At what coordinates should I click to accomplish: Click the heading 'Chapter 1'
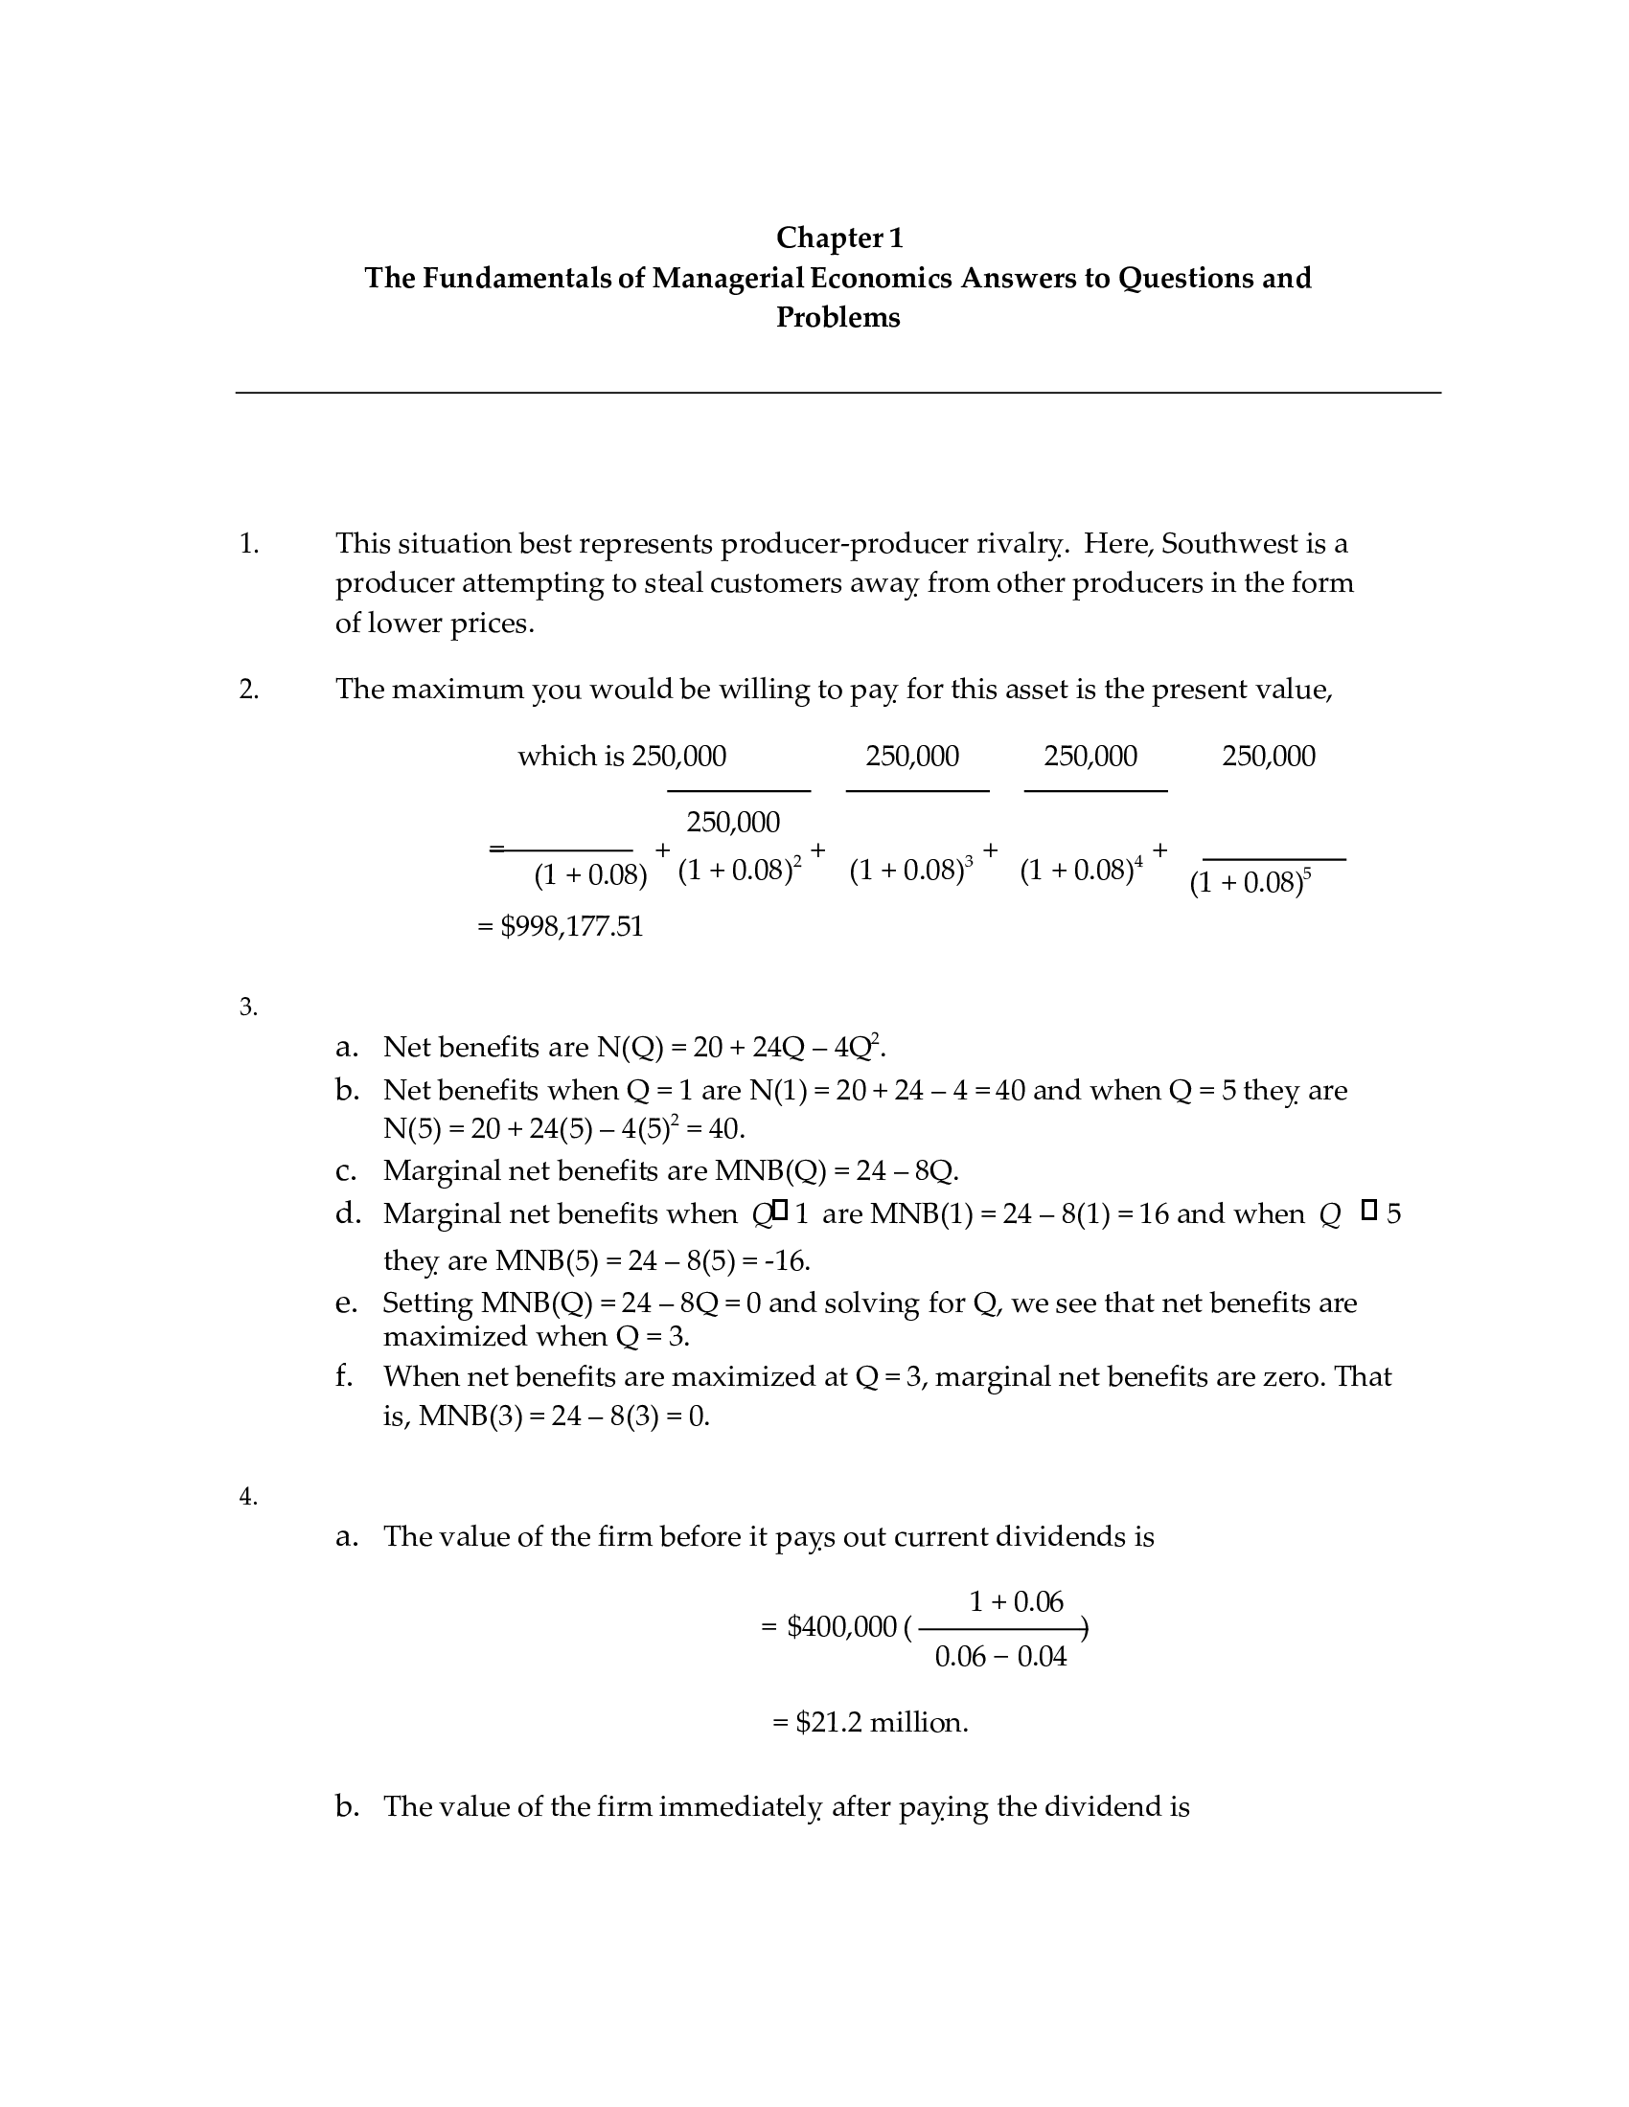[x=838, y=238]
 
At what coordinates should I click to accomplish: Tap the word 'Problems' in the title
[x=837, y=317]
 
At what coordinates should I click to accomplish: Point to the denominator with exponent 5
[x=1250, y=883]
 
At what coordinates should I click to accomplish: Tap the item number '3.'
[x=248, y=1008]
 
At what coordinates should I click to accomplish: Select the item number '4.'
[x=248, y=1496]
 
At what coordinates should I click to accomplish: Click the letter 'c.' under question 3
[x=347, y=1171]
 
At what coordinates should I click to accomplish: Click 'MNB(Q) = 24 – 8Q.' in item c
[x=836, y=1171]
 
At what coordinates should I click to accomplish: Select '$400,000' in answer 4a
[x=841, y=1627]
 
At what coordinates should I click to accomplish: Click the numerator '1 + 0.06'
[x=1015, y=1602]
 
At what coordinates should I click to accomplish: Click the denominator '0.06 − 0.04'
[x=1000, y=1658]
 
